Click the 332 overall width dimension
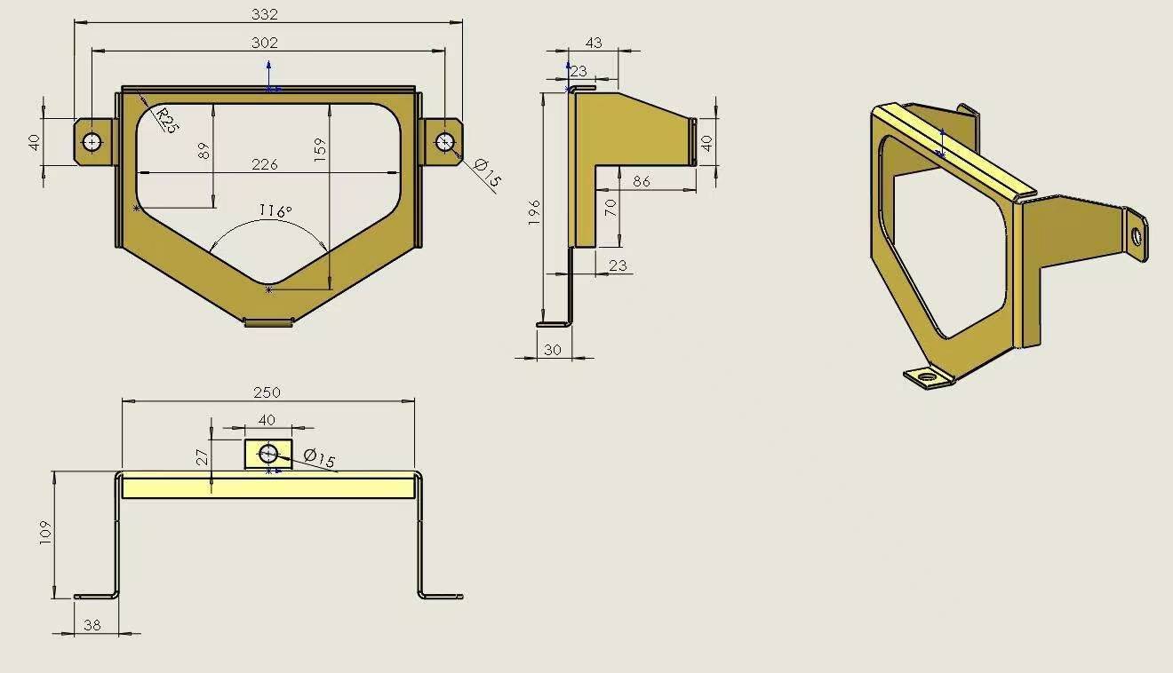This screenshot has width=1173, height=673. (x=265, y=14)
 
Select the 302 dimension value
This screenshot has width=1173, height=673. (x=265, y=43)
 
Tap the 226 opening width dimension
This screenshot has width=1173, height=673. (x=265, y=164)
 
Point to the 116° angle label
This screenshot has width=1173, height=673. (x=275, y=211)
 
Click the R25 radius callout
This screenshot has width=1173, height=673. (x=166, y=120)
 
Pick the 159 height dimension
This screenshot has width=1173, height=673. (x=320, y=147)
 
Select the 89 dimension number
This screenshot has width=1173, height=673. (x=204, y=151)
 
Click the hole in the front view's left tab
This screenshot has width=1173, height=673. (x=92, y=141)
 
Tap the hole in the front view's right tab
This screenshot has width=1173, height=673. (x=445, y=141)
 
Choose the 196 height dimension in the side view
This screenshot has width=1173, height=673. (x=534, y=212)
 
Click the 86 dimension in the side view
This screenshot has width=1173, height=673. (x=641, y=181)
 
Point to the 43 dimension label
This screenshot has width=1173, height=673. (x=594, y=43)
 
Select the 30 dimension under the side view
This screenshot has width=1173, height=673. (x=553, y=350)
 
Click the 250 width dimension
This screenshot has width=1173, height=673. (x=267, y=392)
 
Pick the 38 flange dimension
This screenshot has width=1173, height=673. (x=92, y=625)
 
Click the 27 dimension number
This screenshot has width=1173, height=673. (x=203, y=457)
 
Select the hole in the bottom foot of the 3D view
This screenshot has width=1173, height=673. (x=929, y=376)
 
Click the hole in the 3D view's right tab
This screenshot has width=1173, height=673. (x=1137, y=234)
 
